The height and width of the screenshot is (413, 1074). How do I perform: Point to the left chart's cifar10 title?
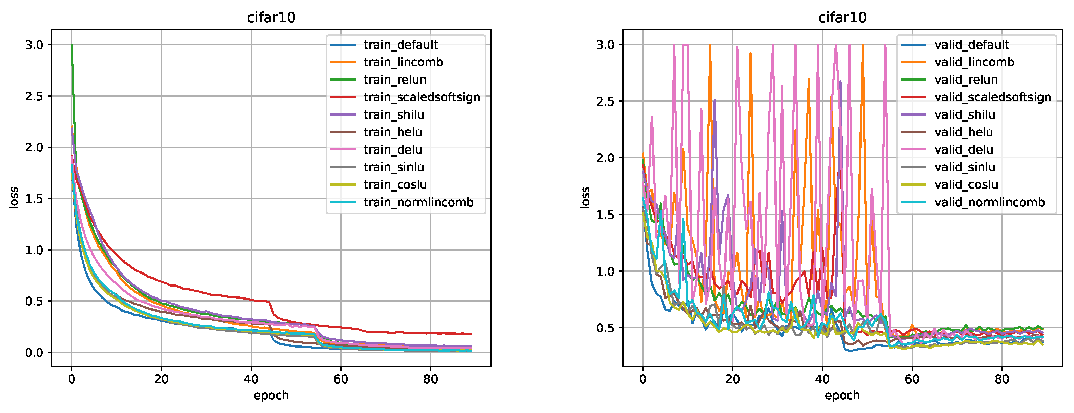[x=271, y=17]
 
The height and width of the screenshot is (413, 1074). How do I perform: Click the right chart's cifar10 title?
[x=842, y=17]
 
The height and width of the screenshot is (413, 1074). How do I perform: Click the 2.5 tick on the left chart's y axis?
[x=34, y=96]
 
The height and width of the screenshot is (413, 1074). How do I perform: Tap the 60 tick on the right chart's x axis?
[x=912, y=379]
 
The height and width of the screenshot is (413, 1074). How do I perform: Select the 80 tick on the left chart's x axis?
[x=430, y=379]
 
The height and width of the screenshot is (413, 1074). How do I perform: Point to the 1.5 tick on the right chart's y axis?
[x=606, y=215]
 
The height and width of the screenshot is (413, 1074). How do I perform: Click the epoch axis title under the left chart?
[x=271, y=395]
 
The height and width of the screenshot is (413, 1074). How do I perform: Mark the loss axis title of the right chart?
[x=585, y=197]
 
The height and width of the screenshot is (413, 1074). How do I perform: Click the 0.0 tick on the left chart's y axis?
[x=34, y=353]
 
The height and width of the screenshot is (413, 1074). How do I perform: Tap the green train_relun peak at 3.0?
[x=72, y=45]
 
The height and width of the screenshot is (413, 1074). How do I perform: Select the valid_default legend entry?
[x=972, y=45]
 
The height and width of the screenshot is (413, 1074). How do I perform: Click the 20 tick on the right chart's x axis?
[x=732, y=379]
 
